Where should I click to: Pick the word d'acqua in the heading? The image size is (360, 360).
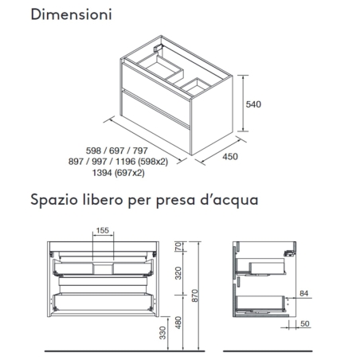coord(230,201)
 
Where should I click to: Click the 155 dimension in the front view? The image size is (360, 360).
coord(102,231)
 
